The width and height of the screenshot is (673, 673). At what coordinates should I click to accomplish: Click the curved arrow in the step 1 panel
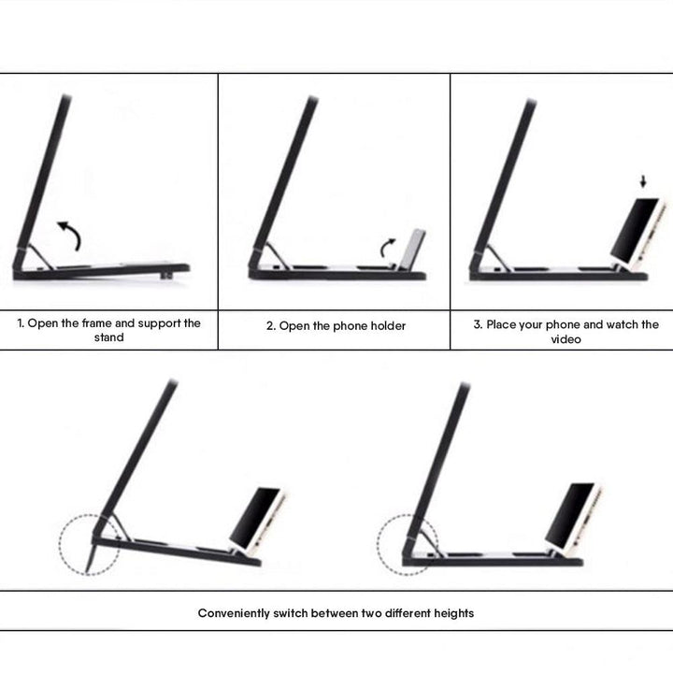click(x=71, y=235)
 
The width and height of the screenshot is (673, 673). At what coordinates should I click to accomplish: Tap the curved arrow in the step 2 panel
click(x=385, y=247)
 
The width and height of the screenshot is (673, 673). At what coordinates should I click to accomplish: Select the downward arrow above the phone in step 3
click(x=643, y=181)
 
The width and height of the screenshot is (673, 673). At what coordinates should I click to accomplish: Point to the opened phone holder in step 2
click(x=411, y=251)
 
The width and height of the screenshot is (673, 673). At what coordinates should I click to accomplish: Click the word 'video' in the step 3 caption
click(x=566, y=339)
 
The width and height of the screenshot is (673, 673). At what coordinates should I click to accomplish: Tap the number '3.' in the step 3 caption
click(x=478, y=324)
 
